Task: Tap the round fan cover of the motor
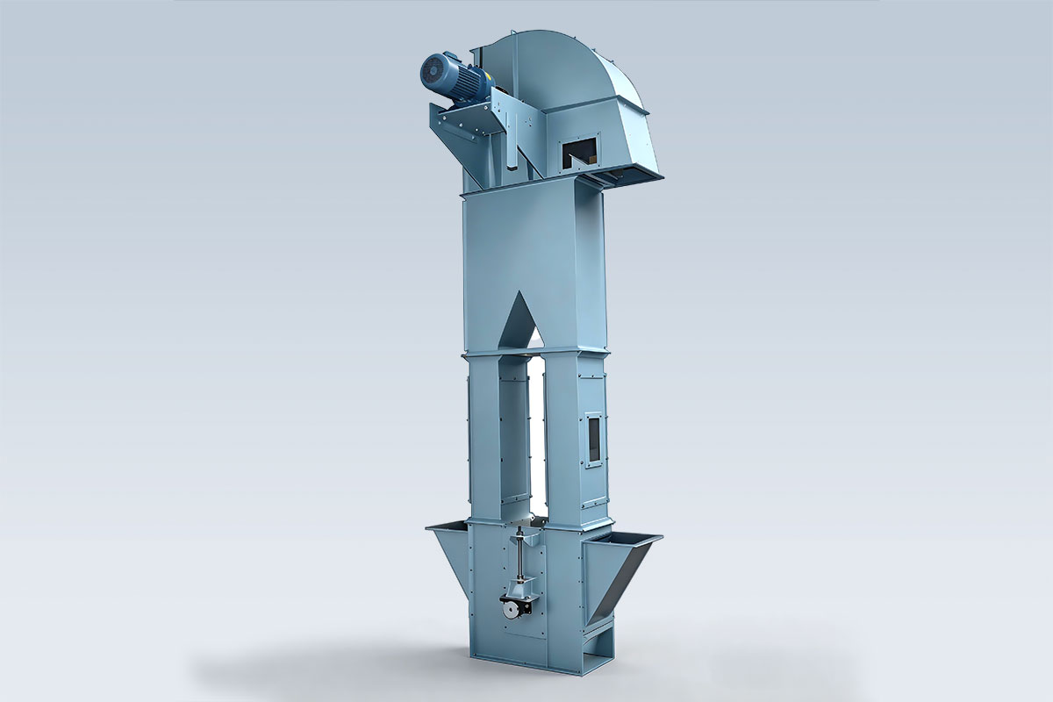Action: pos(434,69)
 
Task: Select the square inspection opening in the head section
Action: pos(580,154)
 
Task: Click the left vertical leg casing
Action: pos(484,439)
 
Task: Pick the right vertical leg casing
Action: pos(562,439)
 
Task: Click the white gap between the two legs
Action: pos(535,439)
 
